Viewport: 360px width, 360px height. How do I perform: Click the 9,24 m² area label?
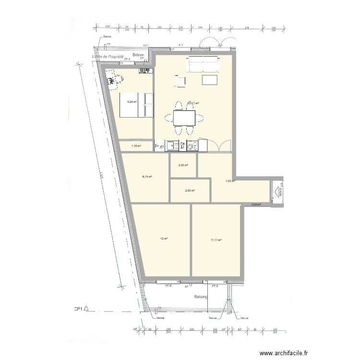click(132, 102)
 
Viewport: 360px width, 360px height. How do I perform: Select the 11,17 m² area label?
click(216, 240)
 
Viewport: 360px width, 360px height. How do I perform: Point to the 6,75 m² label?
click(147, 177)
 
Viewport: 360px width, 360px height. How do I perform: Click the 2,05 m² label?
click(183, 166)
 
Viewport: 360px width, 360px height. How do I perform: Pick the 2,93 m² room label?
click(190, 191)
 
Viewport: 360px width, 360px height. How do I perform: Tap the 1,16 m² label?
click(136, 145)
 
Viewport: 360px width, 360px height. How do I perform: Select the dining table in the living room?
click(184, 117)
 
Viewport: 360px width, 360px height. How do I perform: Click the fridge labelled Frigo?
click(159, 145)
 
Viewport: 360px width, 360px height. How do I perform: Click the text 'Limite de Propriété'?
click(108, 57)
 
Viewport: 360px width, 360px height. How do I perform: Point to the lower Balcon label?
click(201, 298)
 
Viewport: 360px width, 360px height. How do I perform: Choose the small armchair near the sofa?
click(180, 82)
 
